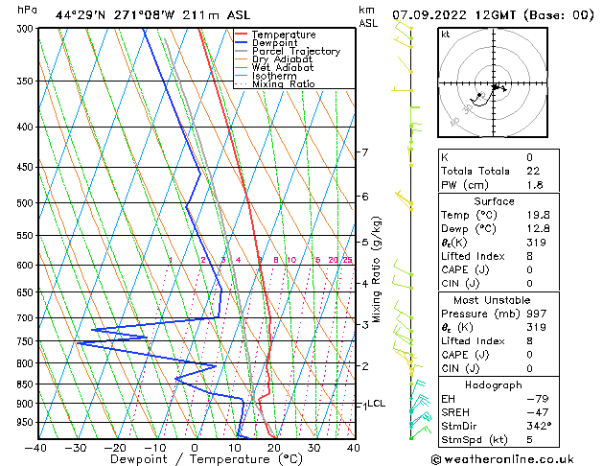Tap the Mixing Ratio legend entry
pos(283,84)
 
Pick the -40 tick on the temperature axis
pos(36,448)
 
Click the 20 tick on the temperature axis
pos(273,448)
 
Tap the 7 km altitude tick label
pos(364,152)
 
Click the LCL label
pos(377,404)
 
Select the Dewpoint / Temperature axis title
pos(195,459)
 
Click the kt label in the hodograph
pos(445,35)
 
